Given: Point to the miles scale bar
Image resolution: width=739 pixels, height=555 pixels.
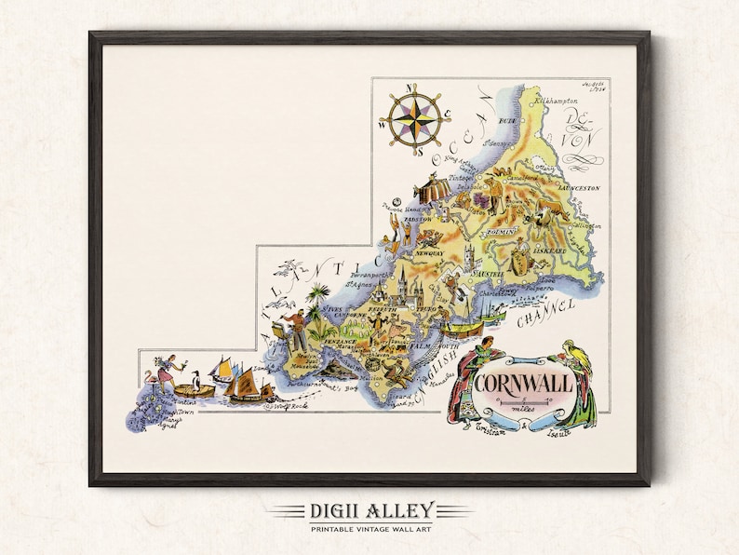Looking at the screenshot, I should (x=517, y=401).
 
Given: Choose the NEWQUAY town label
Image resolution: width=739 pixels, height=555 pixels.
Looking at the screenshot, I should (x=431, y=251).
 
